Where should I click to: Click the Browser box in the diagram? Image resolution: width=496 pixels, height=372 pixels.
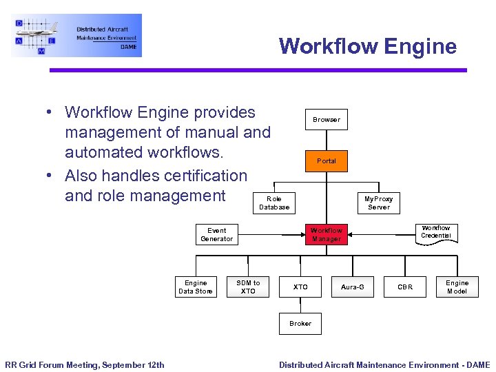pyautogui.click(x=327, y=119)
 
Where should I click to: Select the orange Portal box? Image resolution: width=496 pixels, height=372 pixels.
pyautogui.click(x=327, y=161)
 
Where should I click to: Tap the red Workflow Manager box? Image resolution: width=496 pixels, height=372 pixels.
pyautogui.click(x=327, y=235)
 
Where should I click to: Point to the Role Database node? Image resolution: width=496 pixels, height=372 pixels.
pyautogui.click(x=274, y=203)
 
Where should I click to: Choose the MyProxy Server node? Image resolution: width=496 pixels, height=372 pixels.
pyautogui.click(x=378, y=203)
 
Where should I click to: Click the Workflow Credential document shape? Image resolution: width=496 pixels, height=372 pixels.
pyautogui.click(x=435, y=232)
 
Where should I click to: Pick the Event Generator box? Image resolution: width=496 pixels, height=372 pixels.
pyautogui.click(x=216, y=235)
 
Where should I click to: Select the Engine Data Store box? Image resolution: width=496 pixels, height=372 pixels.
pyautogui.click(x=196, y=287)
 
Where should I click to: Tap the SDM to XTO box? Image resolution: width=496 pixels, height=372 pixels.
pyautogui.click(x=248, y=287)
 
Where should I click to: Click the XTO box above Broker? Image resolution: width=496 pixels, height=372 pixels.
pyautogui.click(x=300, y=287)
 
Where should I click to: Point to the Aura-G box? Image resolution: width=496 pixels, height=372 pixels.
pyautogui.click(x=353, y=287)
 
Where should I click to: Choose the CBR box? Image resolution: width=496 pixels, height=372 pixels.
pyautogui.click(x=405, y=287)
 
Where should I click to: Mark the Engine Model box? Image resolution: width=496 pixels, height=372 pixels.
pyautogui.click(x=457, y=287)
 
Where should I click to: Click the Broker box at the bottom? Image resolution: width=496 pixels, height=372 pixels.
pyautogui.click(x=300, y=324)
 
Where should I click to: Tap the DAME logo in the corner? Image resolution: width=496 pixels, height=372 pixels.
pyautogui.click(x=76, y=35)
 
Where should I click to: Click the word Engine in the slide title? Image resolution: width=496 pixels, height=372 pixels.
pyautogui.click(x=420, y=47)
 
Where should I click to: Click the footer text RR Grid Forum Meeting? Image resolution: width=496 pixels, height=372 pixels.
pyautogui.click(x=85, y=365)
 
